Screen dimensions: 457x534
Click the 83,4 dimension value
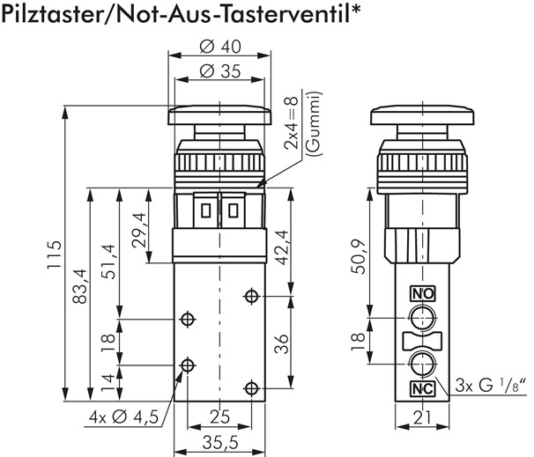click(x=79, y=284)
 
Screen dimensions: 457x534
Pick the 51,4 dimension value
click(x=108, y=260)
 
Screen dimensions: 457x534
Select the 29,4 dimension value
click(x=137, y=231)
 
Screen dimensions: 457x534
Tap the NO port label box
click(x=422, y=294)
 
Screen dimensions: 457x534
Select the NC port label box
click(x=422, y=389)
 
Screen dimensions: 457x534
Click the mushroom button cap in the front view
click(x=216, y=114)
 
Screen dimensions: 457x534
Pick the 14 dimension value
click(x=108, y=382)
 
